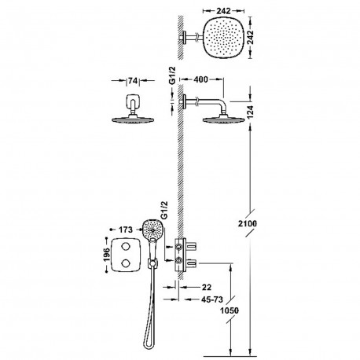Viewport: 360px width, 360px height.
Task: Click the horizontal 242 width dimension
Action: [223, 11]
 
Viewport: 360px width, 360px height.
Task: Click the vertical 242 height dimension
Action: [250, 37]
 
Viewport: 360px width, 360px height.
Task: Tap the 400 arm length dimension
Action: [200, 79]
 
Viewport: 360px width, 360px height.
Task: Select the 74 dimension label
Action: [133, 81]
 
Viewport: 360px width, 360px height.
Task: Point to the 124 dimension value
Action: [250, 113]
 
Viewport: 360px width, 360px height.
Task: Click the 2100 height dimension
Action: [248, 224]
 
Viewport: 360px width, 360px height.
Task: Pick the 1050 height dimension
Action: [230, 310]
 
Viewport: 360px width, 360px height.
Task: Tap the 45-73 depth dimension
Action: [212, 299]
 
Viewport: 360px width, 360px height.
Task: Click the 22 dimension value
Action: [207, 287]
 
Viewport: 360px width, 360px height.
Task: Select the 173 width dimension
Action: [126, 230]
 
